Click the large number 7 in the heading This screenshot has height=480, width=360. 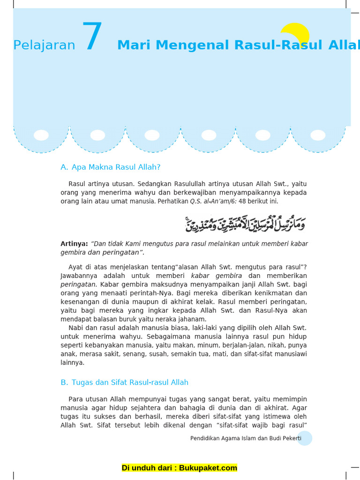[x=92, y=37]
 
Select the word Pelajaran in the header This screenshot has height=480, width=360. [x=44, y=45]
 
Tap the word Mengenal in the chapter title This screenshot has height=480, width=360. [x=193, y=45]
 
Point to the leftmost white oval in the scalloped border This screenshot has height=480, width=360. [x=41, y=135]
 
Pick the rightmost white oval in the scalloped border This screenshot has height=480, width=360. [x=318, y=135]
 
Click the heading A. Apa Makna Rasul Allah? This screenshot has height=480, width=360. [x=111, y=167]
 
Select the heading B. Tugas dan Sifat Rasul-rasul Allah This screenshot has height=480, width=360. [x=124, y=382]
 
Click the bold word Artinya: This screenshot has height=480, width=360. [x=74, y=244]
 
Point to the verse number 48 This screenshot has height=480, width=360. [x=242, y=201]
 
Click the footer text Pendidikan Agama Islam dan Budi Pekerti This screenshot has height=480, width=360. [x=245, y=438]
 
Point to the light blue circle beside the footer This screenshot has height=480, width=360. [x=305, y=438]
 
